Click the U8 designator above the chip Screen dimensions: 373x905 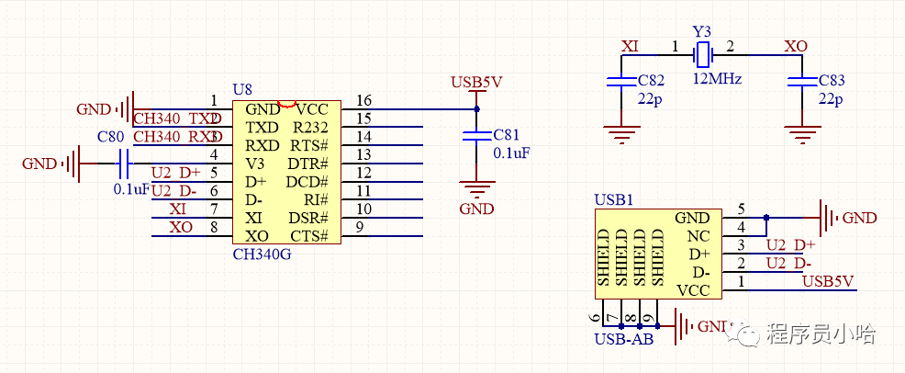coord(241,90)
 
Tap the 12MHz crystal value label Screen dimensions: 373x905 coord(717,79)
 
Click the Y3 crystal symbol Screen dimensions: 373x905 coord(703,54)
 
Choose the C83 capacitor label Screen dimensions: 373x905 coord(832,82)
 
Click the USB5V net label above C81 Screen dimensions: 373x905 coord(476,83)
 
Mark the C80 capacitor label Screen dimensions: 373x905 coord(110,138)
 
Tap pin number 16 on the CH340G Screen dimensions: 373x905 coord(364,100)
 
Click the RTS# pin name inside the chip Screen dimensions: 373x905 coord(309,145)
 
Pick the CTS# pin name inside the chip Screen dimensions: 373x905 coord(309,236)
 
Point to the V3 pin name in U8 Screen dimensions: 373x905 coord(255,164)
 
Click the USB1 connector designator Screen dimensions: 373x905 coord(612,199)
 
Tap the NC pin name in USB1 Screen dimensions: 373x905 coord(699,236)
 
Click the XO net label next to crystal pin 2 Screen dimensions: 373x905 coord(796,46)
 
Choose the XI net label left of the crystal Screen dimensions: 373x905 coord(631,46)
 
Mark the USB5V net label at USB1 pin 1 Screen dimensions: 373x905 coord(828,281)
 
